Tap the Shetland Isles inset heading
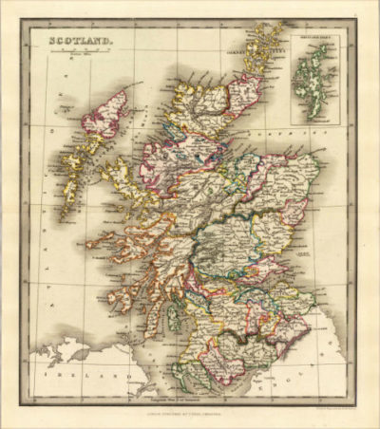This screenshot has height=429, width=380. pos(316,38)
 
